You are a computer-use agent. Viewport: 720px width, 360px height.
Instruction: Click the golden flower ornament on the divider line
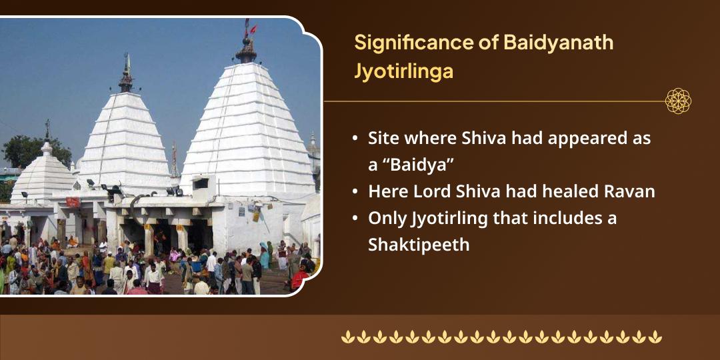(678, 101)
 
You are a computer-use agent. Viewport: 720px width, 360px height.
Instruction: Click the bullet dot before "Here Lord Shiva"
(356, 192)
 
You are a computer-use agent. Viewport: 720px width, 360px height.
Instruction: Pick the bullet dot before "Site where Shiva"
(356, 139)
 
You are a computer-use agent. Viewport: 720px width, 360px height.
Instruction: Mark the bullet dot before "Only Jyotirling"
(356, 219)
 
